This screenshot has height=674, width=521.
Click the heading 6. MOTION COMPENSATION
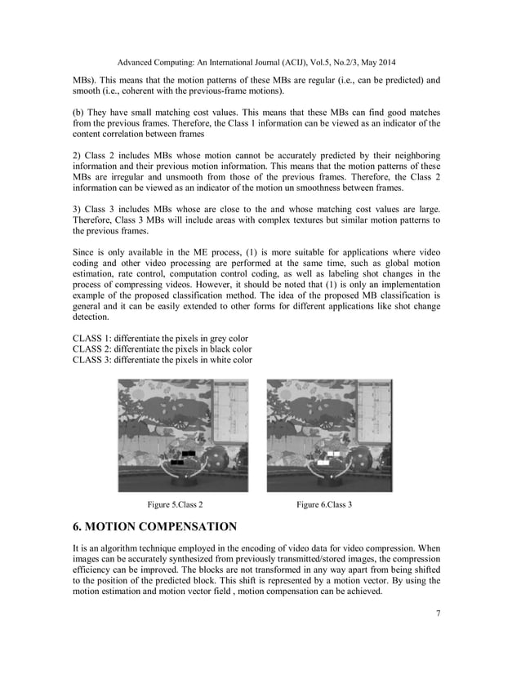155,526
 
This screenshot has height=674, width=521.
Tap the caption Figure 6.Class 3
324,505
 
